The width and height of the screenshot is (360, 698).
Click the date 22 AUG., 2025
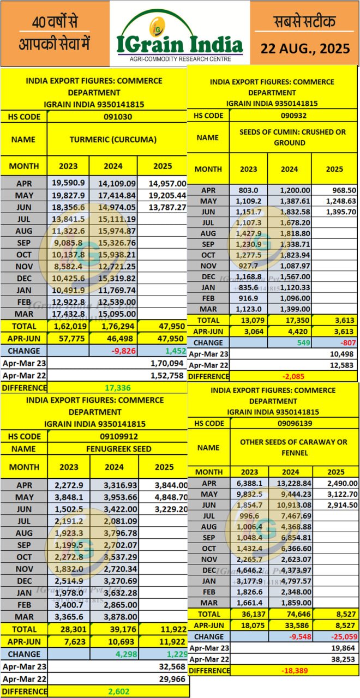pyautogui.click(x=305, y=48)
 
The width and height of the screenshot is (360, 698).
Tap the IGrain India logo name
pyautogui.click(x=180, y=43)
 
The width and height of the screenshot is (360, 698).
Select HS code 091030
pyautogui.click(x=118, y=116)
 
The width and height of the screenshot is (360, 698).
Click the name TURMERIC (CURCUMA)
pyautogui.click(x=113, y=139)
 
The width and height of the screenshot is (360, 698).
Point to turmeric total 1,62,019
pyautogui.click(x=68, y=327)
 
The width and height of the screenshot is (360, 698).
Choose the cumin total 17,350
pyautogui.click(x=289, y=320)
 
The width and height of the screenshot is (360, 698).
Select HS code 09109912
pyautogui.click(x=118, y=436)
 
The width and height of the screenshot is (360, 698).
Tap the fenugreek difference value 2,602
pyautogui.click(x=118, y=691)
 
